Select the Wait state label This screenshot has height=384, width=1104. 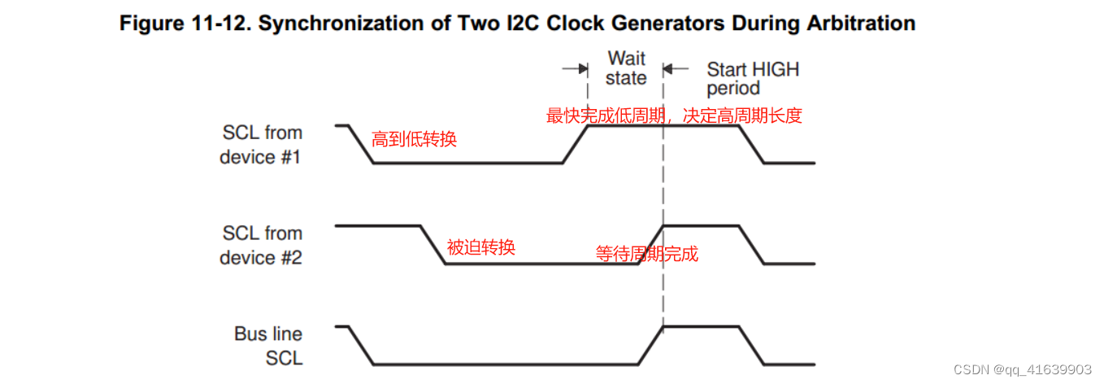coord(626,68)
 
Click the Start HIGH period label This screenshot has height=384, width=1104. coord(753,78)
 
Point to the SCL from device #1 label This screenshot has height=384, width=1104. coord(261,144)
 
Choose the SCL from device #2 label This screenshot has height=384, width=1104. coord(261,245)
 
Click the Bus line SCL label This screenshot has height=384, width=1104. coord(268,346)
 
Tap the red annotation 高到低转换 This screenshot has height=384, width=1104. coord(414,139)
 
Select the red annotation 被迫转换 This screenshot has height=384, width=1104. coord(480,247)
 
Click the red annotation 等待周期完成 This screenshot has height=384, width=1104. coord(646,254)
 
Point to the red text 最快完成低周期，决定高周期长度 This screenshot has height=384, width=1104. coord(674,116)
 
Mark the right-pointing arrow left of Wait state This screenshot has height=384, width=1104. coord(576,68)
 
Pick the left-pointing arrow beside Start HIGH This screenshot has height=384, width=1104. coord(676,68)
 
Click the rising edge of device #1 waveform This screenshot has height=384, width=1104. coord(575,144)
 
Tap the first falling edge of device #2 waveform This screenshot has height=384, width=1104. coord(432,244)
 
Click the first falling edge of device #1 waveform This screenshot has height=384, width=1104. coord(361,144)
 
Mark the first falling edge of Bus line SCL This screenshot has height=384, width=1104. coord(361,345)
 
